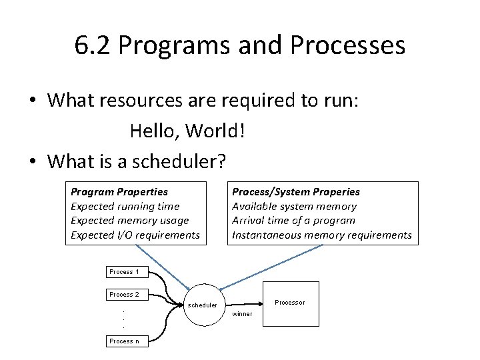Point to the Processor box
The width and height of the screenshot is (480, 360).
tap(291, 303)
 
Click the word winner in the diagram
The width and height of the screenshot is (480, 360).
tap(242, 314)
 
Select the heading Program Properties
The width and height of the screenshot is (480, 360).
tap(119, 192)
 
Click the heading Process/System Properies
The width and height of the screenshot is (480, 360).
tap(295, 192)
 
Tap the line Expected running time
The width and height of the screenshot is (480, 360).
tap(125, 207)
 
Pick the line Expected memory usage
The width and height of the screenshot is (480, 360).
tap(130, 221)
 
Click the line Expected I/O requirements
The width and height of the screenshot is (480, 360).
tap(135, 235)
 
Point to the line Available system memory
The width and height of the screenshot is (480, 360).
tap(294, 207)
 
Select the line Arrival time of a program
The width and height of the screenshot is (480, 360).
tap(293, 221)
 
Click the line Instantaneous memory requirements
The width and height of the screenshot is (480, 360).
tap(321, 235)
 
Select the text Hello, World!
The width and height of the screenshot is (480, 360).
tap(188, 131)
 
